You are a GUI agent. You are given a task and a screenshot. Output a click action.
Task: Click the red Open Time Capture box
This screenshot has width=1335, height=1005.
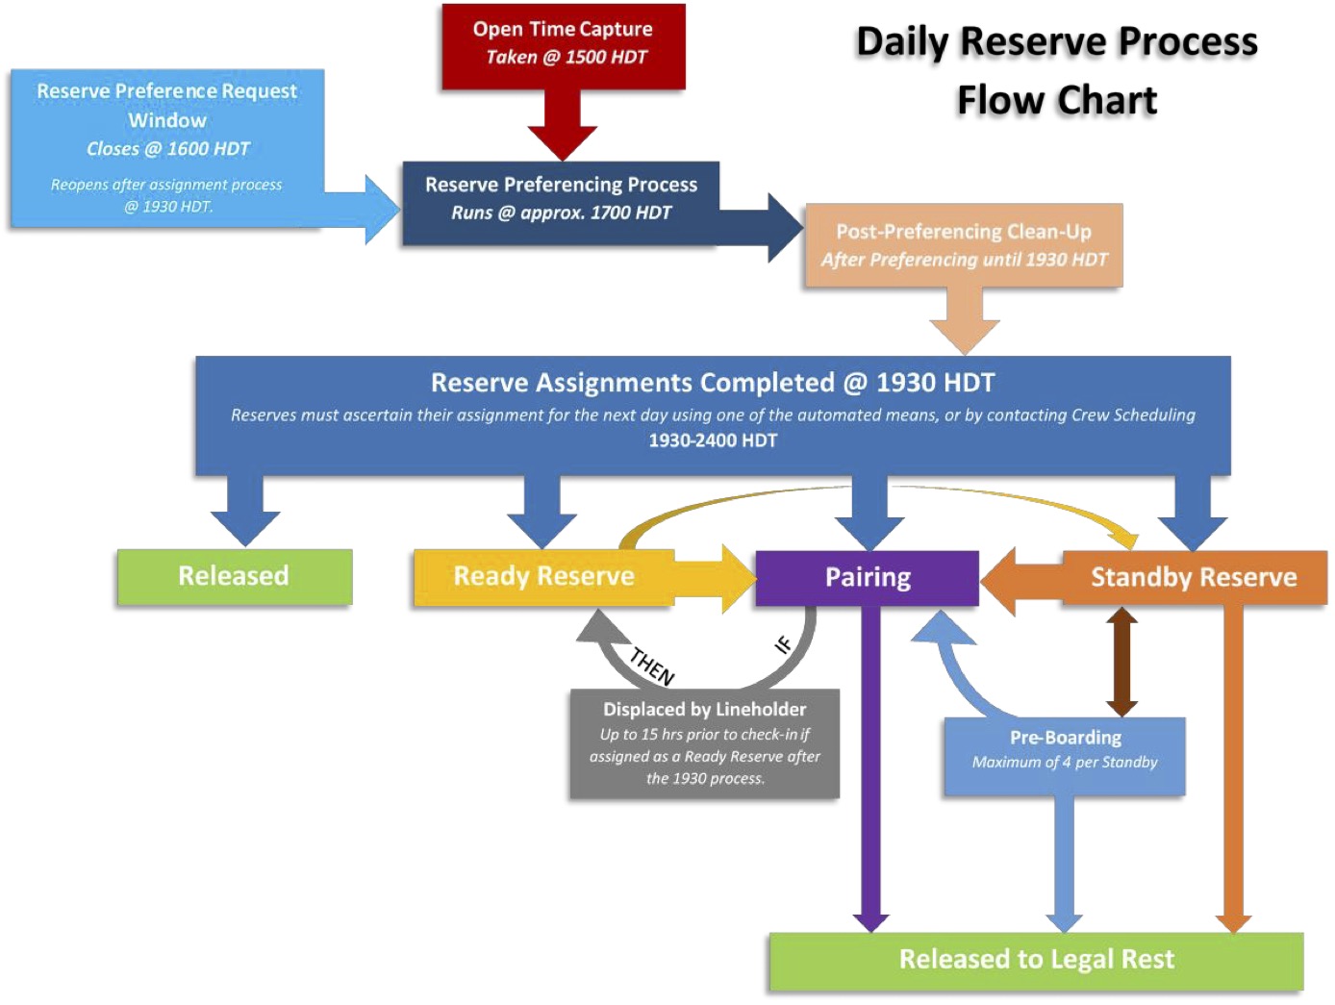(563, 45)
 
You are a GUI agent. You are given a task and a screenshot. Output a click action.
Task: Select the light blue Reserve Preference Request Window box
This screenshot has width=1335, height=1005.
(166, 147)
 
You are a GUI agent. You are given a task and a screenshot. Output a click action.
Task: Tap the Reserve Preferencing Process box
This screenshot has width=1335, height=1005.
(561, 199)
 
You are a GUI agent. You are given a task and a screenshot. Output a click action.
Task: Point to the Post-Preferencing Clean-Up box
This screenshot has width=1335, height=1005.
(964, 245)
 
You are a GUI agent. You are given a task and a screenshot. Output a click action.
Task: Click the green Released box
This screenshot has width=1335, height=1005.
(234, 576)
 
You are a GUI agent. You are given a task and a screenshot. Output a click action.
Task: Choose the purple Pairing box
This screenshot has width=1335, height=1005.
(868, 577)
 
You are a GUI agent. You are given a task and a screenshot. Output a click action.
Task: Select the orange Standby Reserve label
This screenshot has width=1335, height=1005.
(1194, 577)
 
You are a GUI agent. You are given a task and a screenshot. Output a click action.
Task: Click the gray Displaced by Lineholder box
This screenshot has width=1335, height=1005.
(704, 743)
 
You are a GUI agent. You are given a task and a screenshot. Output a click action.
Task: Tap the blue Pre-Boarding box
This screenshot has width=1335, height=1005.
(1065, 756)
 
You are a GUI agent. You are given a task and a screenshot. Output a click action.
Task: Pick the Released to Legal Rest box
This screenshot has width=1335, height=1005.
(1036, 960)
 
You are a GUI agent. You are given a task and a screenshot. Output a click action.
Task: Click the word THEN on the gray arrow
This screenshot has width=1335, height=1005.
(652, 666)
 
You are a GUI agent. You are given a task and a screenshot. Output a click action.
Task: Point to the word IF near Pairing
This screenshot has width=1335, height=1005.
(784, 644)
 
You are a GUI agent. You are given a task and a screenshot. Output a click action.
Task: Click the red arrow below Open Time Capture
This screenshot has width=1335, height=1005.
(563, 125)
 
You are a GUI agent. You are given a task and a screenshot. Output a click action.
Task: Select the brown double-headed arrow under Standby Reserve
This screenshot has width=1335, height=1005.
(1121, 662)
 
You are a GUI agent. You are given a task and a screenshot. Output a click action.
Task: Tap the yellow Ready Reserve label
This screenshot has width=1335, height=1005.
(543, 576)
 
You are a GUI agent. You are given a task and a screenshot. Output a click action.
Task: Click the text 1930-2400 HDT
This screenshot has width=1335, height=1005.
(713, 440)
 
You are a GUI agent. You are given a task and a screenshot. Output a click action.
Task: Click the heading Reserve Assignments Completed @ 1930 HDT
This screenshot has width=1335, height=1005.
(713, 383)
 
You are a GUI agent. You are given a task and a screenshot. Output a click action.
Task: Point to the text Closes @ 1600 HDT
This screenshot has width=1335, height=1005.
(167, 149)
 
